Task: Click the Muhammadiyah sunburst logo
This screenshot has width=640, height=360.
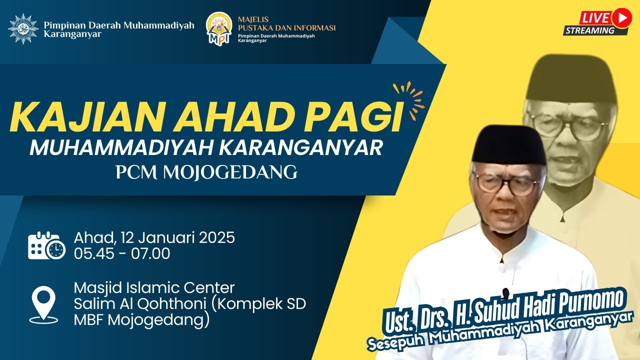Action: click(23, 29)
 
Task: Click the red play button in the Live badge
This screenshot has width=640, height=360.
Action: click(621, 18)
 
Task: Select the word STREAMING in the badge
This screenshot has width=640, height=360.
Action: click(590, 30)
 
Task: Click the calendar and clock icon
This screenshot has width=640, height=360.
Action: click(46, 245)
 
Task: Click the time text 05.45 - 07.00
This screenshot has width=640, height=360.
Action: click(122, 253)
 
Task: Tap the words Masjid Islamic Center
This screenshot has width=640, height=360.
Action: click(154, 288)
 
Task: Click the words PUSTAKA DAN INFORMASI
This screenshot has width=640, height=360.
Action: click(286, 28)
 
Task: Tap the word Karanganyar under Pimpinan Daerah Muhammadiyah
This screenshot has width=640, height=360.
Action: click(72, 34)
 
